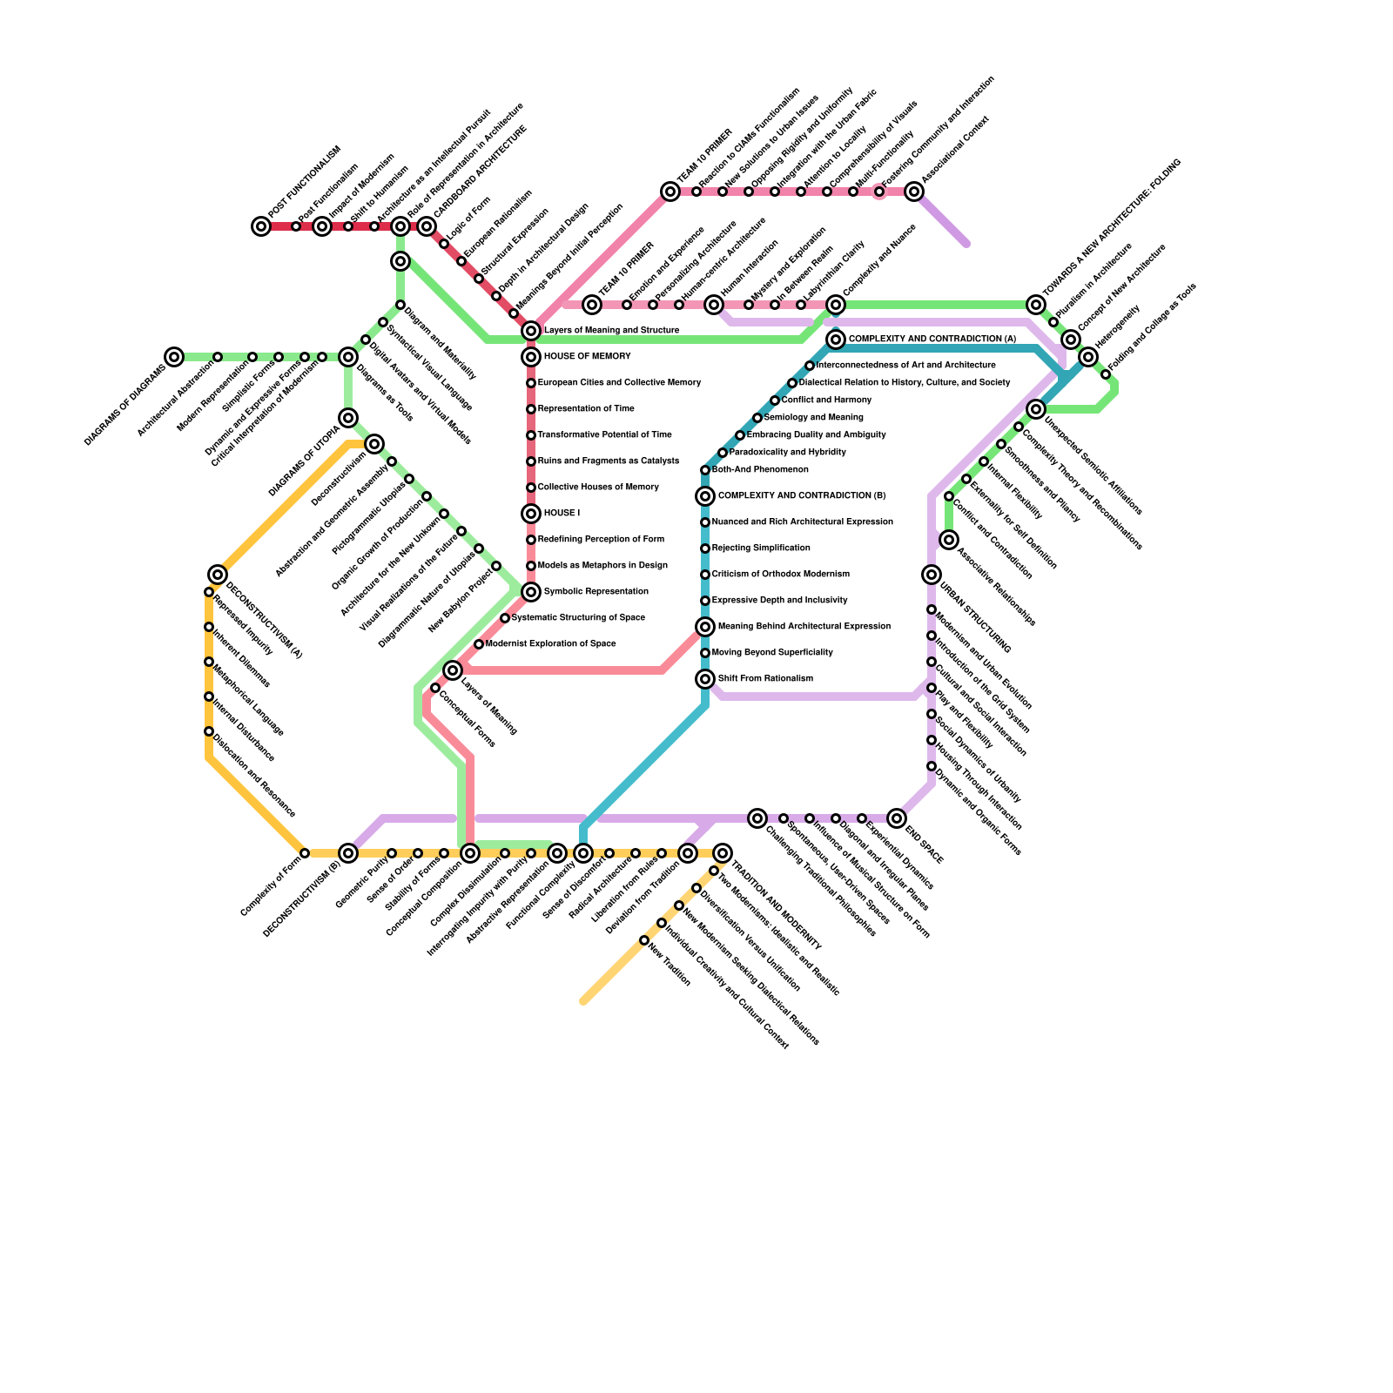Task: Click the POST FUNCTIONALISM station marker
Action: coord(261,226)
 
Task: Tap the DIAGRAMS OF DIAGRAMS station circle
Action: coord(174,357)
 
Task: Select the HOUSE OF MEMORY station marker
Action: coord(531,357)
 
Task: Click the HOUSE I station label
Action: coord(562,514)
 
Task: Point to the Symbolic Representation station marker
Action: coord(531,592)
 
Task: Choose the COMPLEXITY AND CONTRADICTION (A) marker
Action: coord(836,340)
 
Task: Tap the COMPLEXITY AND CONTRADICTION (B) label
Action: coord(801,496)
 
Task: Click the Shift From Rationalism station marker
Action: coord(705,679)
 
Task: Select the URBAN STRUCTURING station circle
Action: coord(932,575)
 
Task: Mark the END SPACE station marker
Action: coord(897,818)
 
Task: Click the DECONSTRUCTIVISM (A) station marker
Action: coord(218,575)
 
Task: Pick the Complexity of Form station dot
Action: coord(305,853)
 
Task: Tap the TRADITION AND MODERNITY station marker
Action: coord(723,853)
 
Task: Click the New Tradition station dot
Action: coord(644,940)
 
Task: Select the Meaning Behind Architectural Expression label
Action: coord(804,627)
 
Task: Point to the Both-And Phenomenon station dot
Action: coord(705,470)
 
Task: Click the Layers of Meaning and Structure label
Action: coord(611,331)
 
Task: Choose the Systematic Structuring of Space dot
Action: coord(505,618)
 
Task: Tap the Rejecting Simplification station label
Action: coord(761,548)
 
